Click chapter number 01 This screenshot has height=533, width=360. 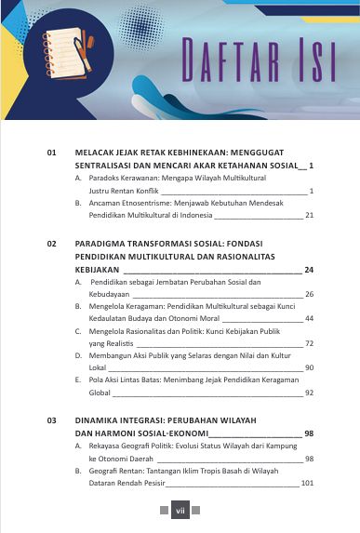[x=53, y=151]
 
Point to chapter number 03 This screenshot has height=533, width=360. [x=53, y=420]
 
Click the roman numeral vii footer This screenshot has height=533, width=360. [x=180, y=510]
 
